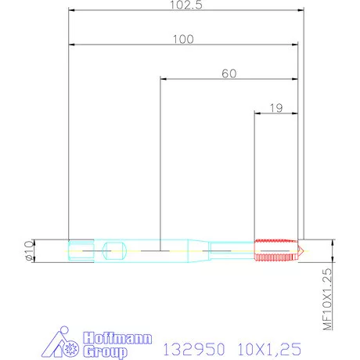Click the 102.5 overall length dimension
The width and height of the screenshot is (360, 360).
pos(186,5)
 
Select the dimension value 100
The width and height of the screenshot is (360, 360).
pos(184,38)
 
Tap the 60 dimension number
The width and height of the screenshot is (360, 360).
pos(229,74)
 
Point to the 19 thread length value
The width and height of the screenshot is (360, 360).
pos(275,109)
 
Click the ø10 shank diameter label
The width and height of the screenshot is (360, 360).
pos(27,250)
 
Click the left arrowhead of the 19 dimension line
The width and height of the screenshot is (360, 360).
pos(257,114)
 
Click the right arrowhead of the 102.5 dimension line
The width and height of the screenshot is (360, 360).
pos(301,11)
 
